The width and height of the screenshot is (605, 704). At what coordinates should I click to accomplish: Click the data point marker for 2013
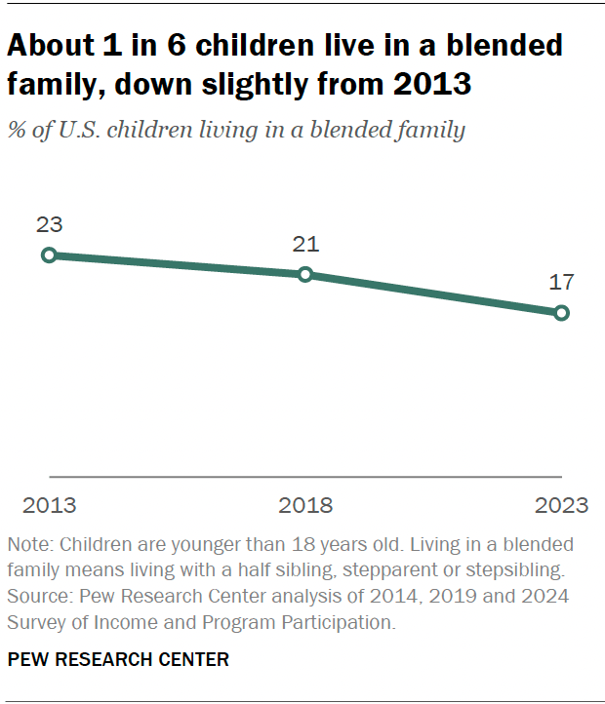(x=49, y=255)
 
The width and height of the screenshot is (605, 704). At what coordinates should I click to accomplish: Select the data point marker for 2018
(x=305, y=275)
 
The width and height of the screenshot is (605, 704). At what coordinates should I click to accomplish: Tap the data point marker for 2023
(x=561, y=313)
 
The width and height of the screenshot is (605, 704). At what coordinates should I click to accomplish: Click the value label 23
(x=49, y=224)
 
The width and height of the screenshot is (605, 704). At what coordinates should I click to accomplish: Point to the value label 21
(x=305, y=244)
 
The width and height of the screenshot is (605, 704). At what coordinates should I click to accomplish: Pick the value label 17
(x=561, y=283)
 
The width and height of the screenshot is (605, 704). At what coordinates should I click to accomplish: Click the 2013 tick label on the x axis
(x=49, y=505)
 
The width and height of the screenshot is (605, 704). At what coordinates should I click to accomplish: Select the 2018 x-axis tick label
(x=305, y=505)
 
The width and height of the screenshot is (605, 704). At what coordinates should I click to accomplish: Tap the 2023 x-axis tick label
(x=561, y=505)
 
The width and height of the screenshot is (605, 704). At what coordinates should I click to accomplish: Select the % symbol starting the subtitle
(x=17, y=131)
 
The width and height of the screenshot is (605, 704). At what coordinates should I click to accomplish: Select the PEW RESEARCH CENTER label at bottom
(x=118, y=660)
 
